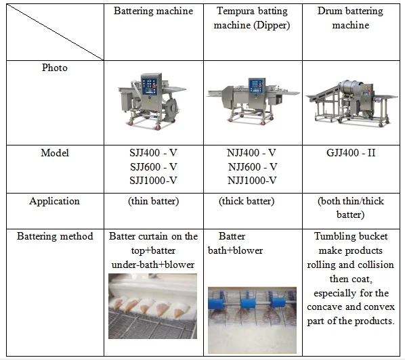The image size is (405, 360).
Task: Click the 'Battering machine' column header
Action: [153, 12]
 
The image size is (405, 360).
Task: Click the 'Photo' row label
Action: [54, 68]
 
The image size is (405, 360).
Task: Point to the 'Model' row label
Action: [54, 153]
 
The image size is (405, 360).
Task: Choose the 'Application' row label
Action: [54, 201]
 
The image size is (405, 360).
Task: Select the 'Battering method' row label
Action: [54, 236]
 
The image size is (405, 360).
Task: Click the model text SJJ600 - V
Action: [154, 166]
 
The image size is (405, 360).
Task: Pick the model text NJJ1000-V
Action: [252, 180]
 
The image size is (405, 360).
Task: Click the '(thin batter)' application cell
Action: [153, 201]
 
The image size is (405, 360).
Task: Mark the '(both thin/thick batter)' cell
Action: [351, 208]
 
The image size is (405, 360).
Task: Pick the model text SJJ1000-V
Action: [154, 180]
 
